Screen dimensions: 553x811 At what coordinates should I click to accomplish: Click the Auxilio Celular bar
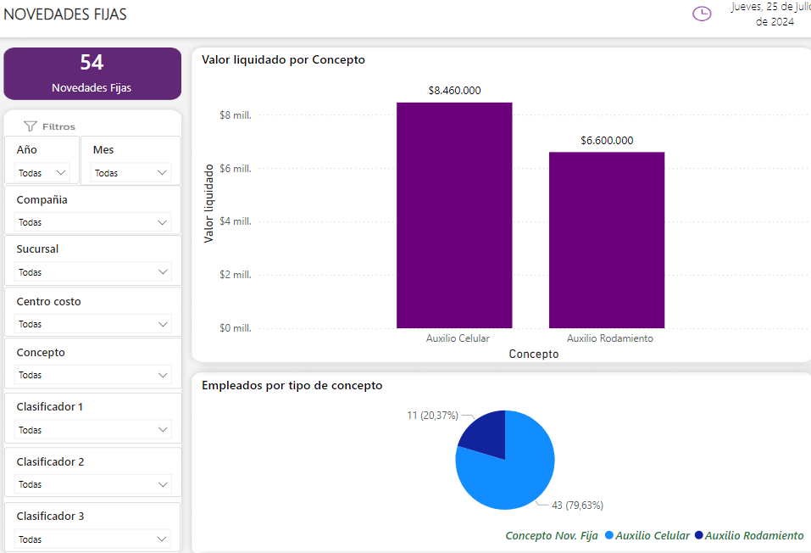tap(454, 215)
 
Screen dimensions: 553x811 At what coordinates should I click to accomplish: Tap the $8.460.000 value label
tap(454, 91)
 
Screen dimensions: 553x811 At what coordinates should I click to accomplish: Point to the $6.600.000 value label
tap(607, 141)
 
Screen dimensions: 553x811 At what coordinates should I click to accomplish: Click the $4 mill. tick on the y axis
tap(236, 221)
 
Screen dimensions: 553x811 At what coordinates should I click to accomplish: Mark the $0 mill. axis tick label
tap(236, 328)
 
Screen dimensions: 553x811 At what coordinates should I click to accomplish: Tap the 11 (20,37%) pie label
tap(432, 416)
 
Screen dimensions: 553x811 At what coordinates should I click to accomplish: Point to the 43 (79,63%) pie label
tap(577, 506)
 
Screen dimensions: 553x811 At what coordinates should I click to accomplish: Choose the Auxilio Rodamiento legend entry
tap(748, 536)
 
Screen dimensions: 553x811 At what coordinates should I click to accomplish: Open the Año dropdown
tap(42, 173)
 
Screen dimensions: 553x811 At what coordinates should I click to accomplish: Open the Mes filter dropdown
tap(131, 173)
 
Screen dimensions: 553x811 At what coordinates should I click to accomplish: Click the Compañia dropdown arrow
tap(163, 222)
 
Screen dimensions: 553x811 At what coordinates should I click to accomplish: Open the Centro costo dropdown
tap(93, 324)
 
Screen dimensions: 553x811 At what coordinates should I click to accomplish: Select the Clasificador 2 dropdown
tap(93, 484)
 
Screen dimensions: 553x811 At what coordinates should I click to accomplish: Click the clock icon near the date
tap(702, 14)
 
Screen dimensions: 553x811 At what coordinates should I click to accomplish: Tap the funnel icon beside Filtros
tap(31, 126)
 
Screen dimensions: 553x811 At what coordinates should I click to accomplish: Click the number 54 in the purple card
tap(92, 63)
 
